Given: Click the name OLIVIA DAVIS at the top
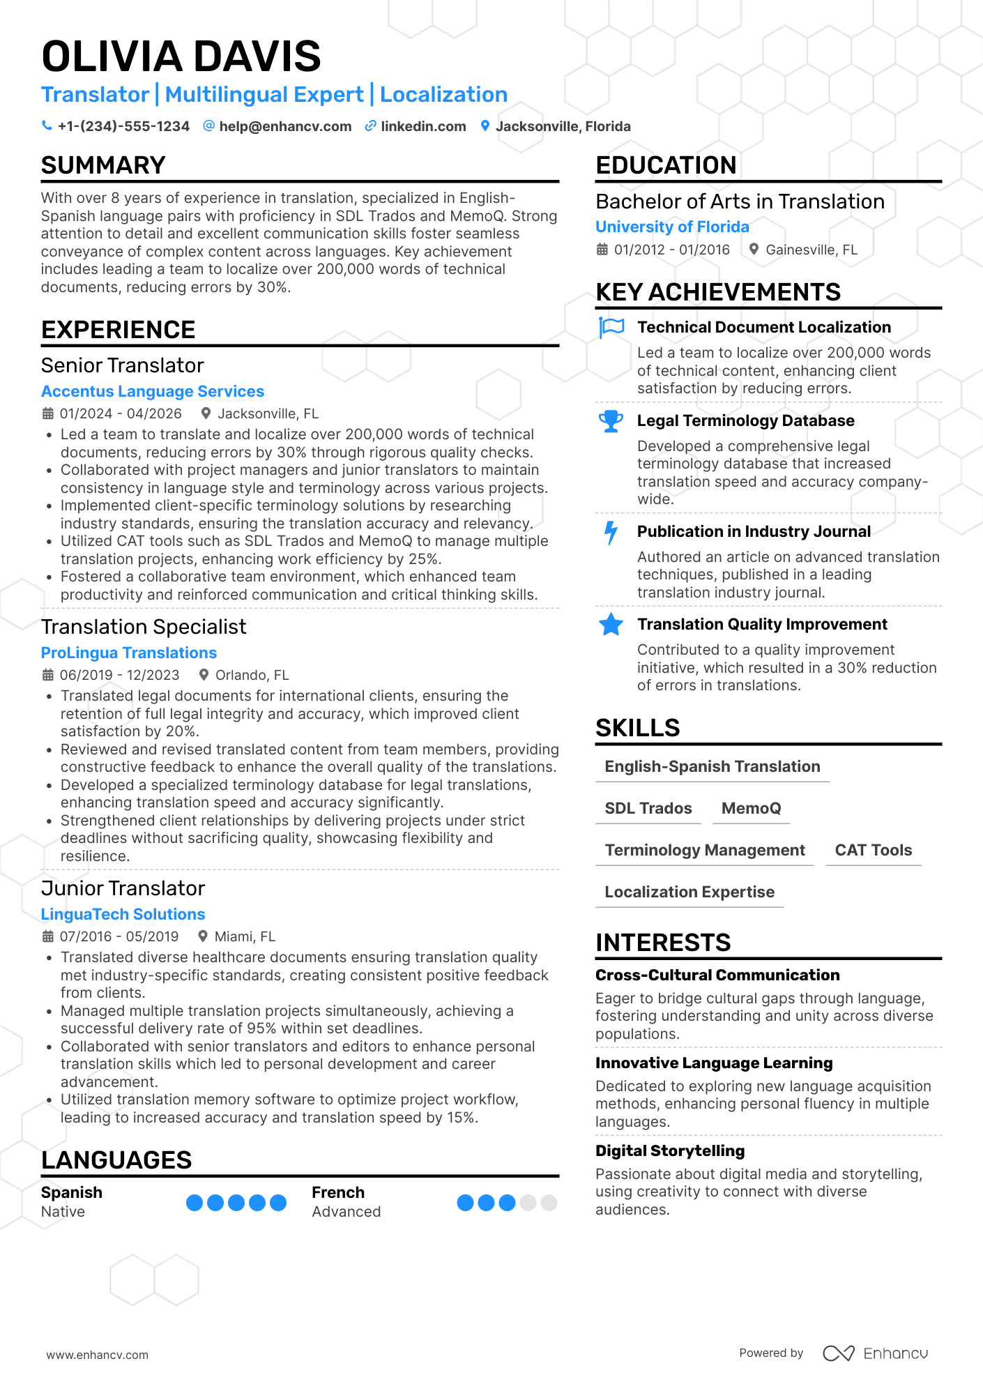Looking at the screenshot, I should (x=181, y=56).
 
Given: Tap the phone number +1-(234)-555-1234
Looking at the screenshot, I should (x=123, y=126).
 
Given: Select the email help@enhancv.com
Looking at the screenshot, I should (x=285, y=126).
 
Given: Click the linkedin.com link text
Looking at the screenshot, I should (x=423, y=126).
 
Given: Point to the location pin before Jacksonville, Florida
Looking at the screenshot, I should (x=485, y=126).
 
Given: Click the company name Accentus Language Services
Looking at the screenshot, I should (x=153, y=391).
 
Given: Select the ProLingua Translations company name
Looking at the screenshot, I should (x=129, y=653).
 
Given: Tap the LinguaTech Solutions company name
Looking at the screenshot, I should (x=123, y=914).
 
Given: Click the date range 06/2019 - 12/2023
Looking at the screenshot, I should (x=119, y=675).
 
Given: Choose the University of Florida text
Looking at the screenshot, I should (x=672, y=227).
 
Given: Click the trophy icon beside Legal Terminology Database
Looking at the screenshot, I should (x=611, y=421).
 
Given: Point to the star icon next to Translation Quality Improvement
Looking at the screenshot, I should (x=611, y=625).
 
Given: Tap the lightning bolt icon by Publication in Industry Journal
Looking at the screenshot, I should (x=611, y=532).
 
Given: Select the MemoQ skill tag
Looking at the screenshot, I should (x=751, y=808).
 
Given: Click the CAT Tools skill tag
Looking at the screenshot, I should (x=873, y=850).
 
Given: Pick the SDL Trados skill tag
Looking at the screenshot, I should (x=648, y=808).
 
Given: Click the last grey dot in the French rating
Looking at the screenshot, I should (x=549, y=1202).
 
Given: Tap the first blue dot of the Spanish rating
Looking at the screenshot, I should (x=195, y=1202).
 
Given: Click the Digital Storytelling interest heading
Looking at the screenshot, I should (x=670, y=1150).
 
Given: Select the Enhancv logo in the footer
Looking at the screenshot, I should (x=876, y=1353).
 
